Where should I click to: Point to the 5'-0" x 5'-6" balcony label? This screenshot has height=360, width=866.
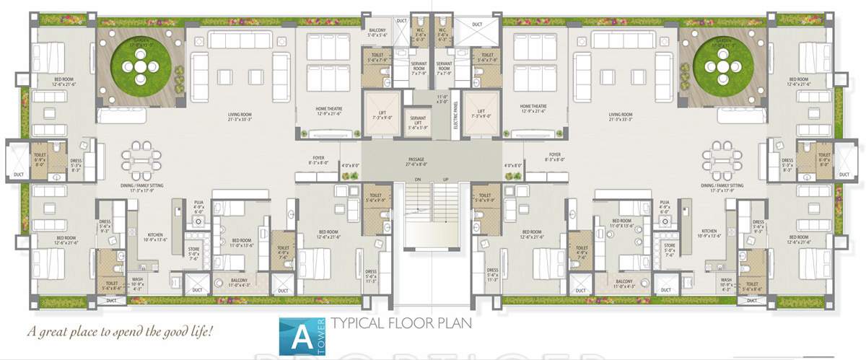[377, 31]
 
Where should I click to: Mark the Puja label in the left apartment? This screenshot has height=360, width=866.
[199, 206]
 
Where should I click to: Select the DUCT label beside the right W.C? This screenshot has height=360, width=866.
[477, 25]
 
